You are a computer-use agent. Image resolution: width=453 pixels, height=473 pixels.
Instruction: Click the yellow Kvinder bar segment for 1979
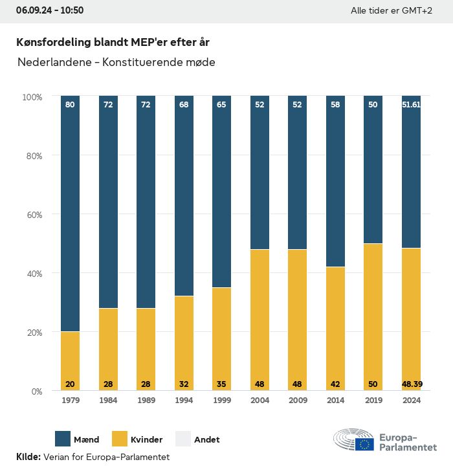coord(70,360)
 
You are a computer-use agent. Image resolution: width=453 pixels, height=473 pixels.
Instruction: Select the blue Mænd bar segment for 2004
coord(260,172)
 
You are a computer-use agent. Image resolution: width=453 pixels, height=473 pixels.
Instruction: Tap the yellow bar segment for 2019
coord(373,316)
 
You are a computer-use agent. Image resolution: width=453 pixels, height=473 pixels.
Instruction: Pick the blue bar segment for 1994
coord(184,195)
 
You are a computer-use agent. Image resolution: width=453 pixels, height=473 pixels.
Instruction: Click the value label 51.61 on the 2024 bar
coord(411,104)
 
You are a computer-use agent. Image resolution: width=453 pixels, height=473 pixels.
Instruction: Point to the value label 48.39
coord(411,384)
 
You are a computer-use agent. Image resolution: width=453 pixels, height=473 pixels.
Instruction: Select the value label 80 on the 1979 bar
coord(70,104)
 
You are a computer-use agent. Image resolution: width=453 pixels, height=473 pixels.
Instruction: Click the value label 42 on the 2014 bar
coord(335,384)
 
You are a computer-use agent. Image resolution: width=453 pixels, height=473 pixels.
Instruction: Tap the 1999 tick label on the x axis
coord(222,401)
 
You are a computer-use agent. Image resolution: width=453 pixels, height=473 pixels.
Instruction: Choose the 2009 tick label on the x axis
coord(298,401)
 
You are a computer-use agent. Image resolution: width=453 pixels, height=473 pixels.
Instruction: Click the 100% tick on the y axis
coord(32,96)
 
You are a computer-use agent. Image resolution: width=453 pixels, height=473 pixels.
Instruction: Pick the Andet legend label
coord(206,439)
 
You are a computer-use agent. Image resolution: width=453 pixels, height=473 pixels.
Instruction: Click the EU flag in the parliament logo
coord(364,444)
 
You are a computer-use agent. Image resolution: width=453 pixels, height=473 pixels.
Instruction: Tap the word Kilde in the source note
coord(28,457)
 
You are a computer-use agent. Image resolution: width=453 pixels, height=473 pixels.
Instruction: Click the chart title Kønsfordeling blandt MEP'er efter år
coord(113,42)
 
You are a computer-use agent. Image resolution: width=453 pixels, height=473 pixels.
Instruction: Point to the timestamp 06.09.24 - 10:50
coord(50,10)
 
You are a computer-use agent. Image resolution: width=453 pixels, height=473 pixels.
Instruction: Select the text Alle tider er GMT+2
coord(391,11)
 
